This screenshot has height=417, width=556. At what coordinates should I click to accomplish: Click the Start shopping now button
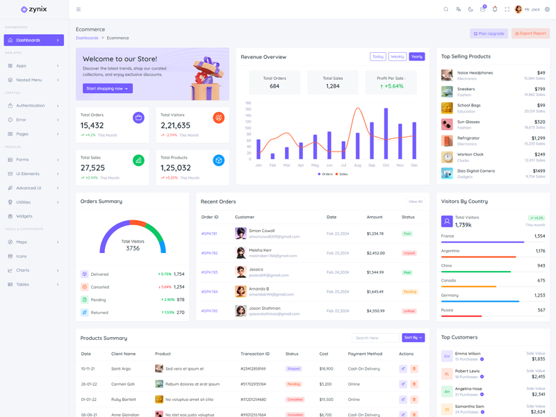point(108,88)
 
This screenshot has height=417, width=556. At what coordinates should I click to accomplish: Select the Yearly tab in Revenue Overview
point(416,57)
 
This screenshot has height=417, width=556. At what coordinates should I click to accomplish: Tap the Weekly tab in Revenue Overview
point(398,57)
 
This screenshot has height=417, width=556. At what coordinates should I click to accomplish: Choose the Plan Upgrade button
point(489,33)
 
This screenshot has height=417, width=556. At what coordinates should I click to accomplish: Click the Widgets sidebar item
point(24,216)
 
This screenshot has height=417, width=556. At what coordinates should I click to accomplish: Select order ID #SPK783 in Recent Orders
point(209,272)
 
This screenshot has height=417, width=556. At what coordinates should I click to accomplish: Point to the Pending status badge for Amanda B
point(409,292)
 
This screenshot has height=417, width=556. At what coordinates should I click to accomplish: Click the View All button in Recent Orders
point(416,202)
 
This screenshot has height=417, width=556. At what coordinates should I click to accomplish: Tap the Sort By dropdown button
point(413,338)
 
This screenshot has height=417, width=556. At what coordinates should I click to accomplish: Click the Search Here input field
point(375,338)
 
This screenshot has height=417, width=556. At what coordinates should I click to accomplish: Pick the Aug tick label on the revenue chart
point(357,165)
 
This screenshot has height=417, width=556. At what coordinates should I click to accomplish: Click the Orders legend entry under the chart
point(325,174)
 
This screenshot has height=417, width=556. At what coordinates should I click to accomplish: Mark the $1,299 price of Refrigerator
point(538,138)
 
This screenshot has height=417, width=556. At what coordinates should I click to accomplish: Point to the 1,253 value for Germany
point(539,295)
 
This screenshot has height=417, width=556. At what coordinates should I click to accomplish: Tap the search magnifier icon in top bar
point(446,10)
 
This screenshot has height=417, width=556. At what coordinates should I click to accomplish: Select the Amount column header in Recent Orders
point(375,217)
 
